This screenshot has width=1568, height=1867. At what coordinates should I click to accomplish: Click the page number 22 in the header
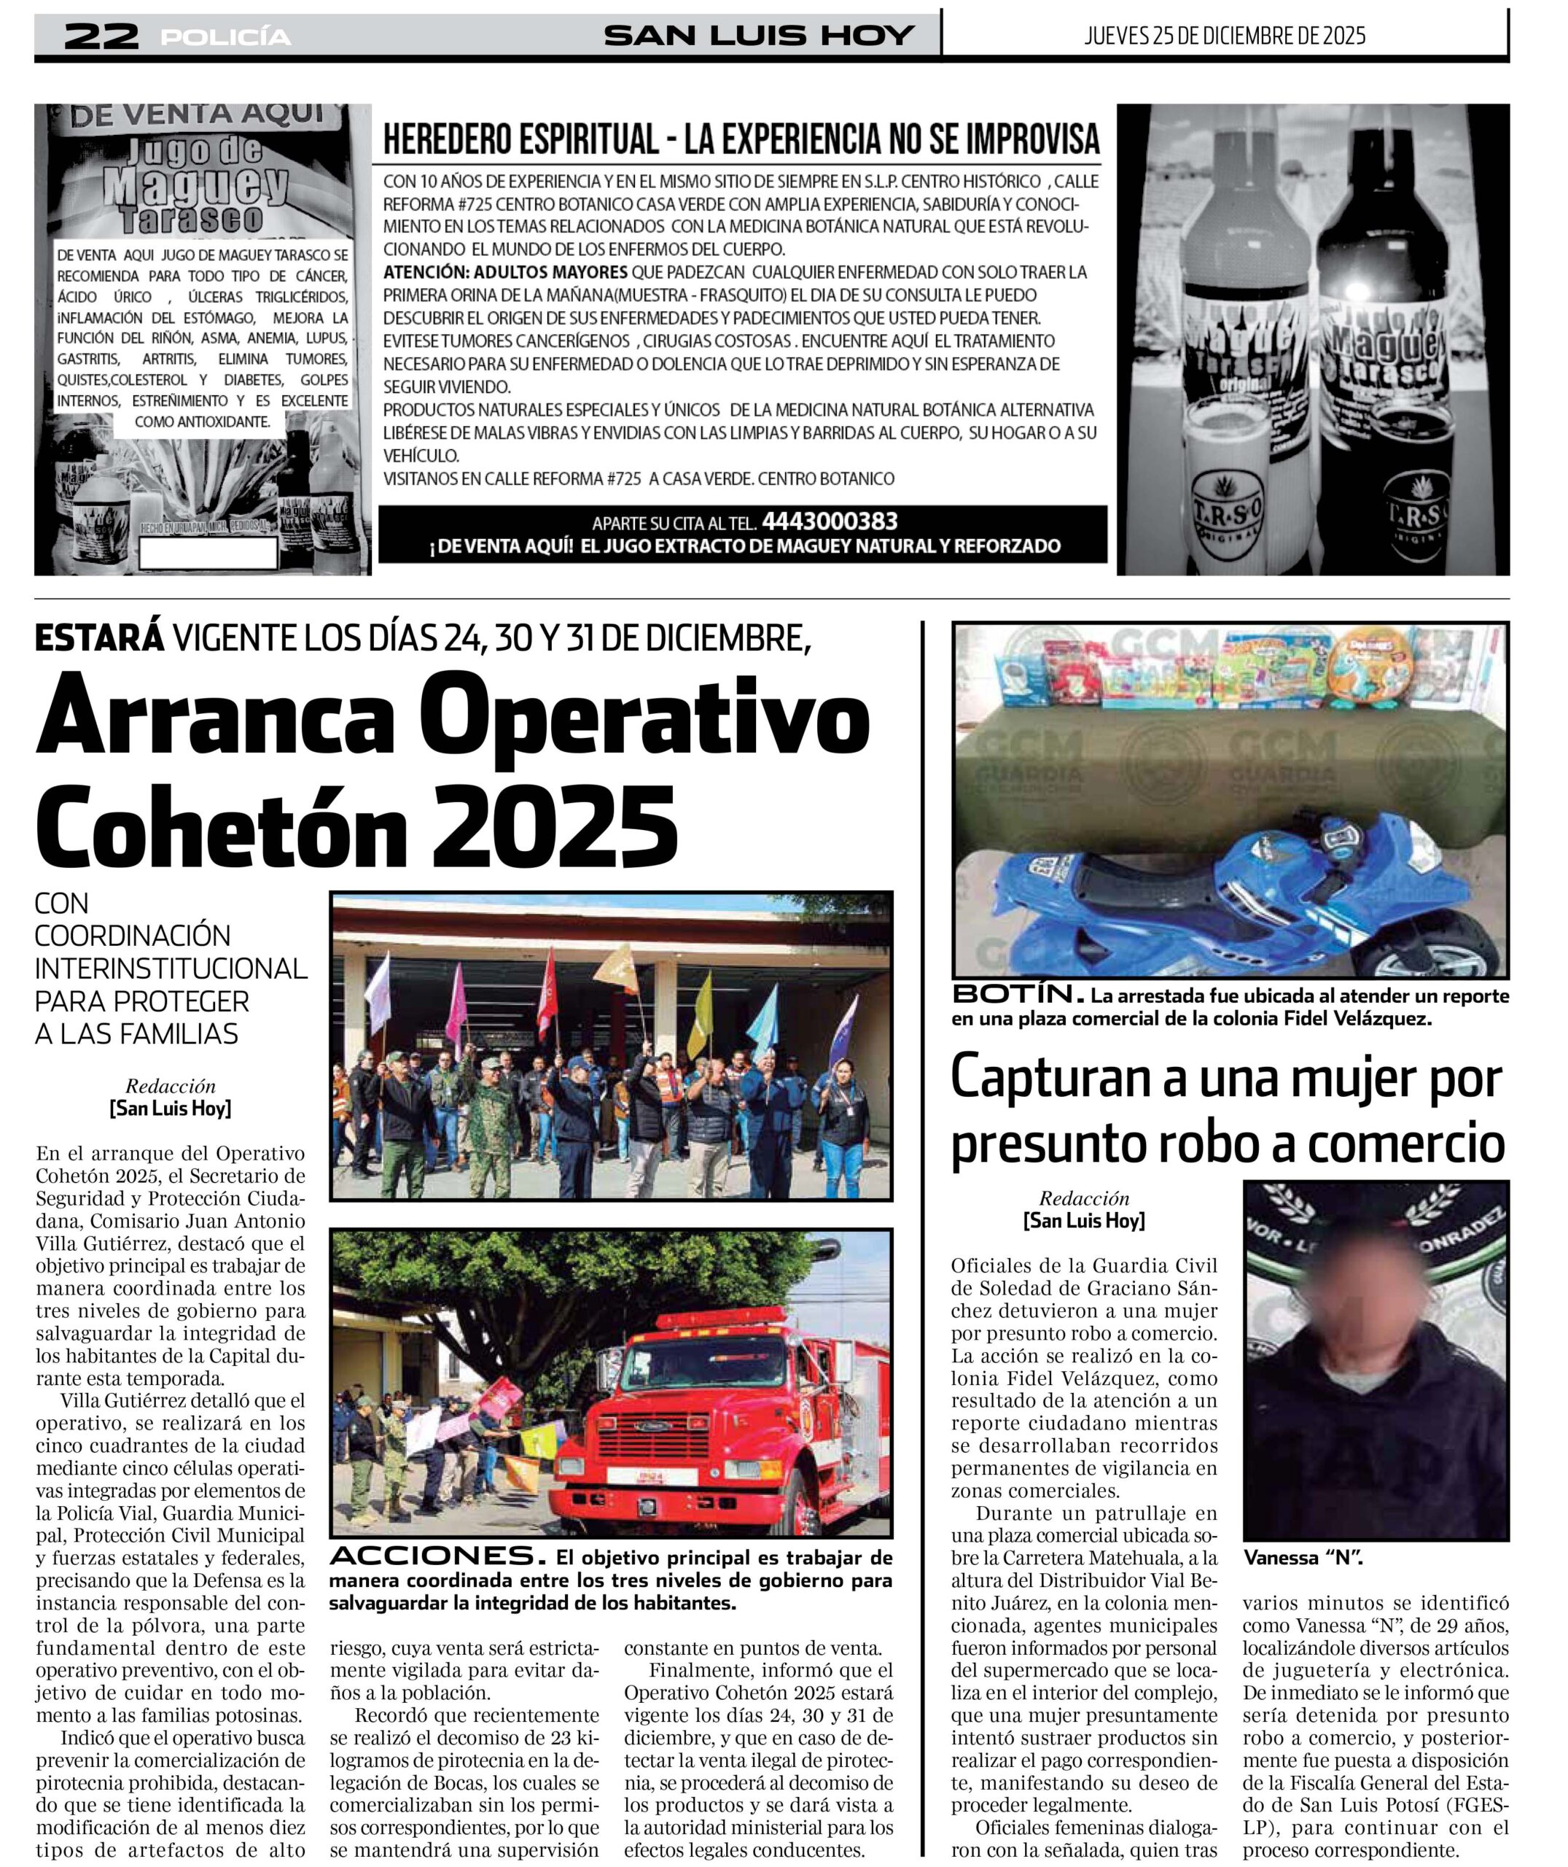pyautogui.click(x=101, y=36)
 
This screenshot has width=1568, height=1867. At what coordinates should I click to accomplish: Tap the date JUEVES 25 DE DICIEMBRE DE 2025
pyautogui.click(x=1224, y=36)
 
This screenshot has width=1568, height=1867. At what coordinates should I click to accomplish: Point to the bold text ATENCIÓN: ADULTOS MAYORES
pyautogui.click(x=505, y=272)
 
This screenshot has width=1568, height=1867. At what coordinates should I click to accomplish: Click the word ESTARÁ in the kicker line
pyautogui.click(x=100, y=638)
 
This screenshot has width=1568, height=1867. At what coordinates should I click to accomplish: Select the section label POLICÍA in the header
pyautogui.click(x=226, y=37)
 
